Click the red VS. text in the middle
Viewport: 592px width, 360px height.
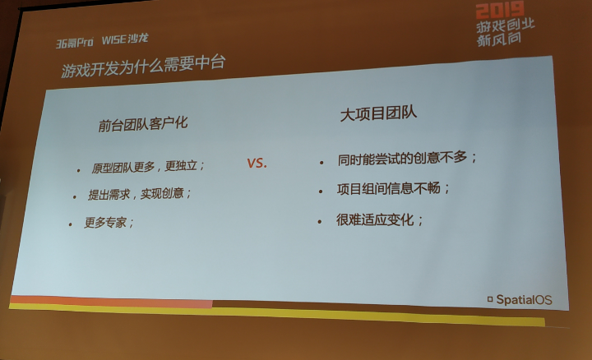click(257, 163)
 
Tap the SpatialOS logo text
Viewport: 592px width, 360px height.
click(524, 300)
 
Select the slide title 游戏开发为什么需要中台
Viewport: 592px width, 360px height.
click(143, 66)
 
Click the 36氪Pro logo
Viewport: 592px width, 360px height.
click(74, 42)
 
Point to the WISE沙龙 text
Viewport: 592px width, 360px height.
click(125, 39)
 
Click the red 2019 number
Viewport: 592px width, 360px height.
click(500, 10)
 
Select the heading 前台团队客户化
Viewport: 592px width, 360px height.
click(143, 125)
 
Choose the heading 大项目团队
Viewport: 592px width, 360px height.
click(379, 114)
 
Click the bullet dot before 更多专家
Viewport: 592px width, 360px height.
click(71, 224)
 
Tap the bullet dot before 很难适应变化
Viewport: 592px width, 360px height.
click(320, 222)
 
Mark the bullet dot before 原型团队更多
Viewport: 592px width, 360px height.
click(79, 171)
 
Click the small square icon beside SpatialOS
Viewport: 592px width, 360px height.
click(490, 300)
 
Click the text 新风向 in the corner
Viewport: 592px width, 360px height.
click(499, 39)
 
